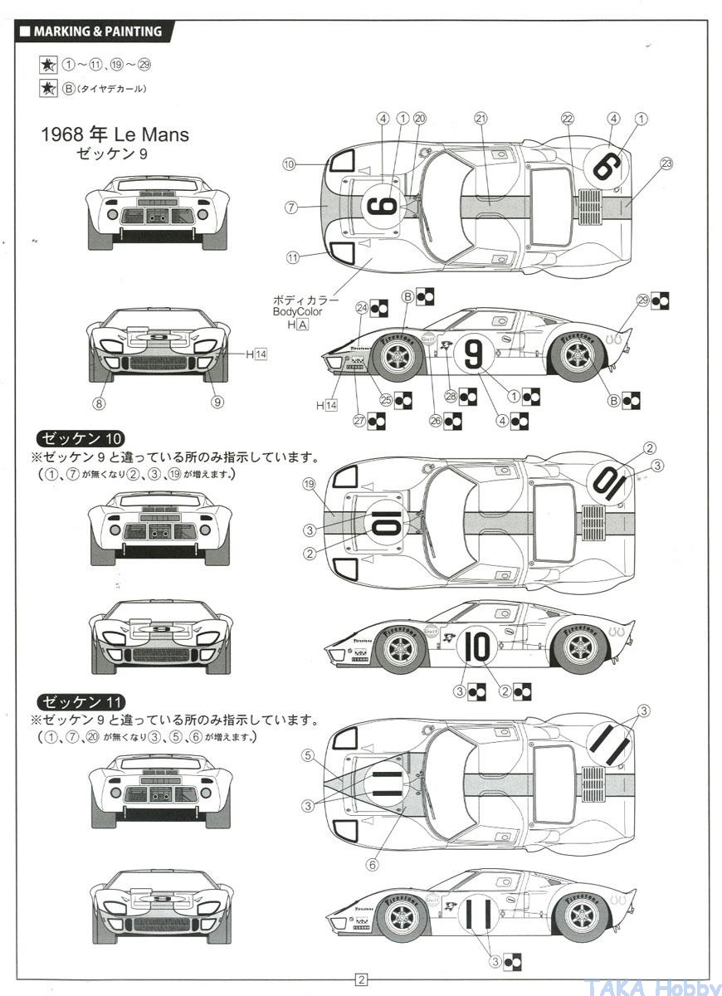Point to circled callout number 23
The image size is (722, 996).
pyautogui.click(x=666, y=163)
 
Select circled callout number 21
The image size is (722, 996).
pyautogui.click(x=481, y=119)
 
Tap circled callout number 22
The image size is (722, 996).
pyautogui.click(x=568, y=119)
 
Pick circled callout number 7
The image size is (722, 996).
pyautogui.click(x=291, y=207)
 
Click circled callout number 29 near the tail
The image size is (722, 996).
pyautogui.click(x=642, y=300)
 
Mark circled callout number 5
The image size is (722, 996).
pyautogui.click(x=308, y=755)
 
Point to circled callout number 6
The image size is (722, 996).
pyautogui.click(x=372, y=864)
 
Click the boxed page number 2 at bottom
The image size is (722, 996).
pyautogui.click(x=361, y=979)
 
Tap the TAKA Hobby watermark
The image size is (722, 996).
pyautogui.click(x=655, y=986)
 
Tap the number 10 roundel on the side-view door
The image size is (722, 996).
pyautogui.click(x=478, y=647)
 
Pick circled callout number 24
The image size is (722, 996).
pyautogui.click(x=361, y=308)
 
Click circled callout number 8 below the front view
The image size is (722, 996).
pyautogui.click(x=100, y=404)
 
